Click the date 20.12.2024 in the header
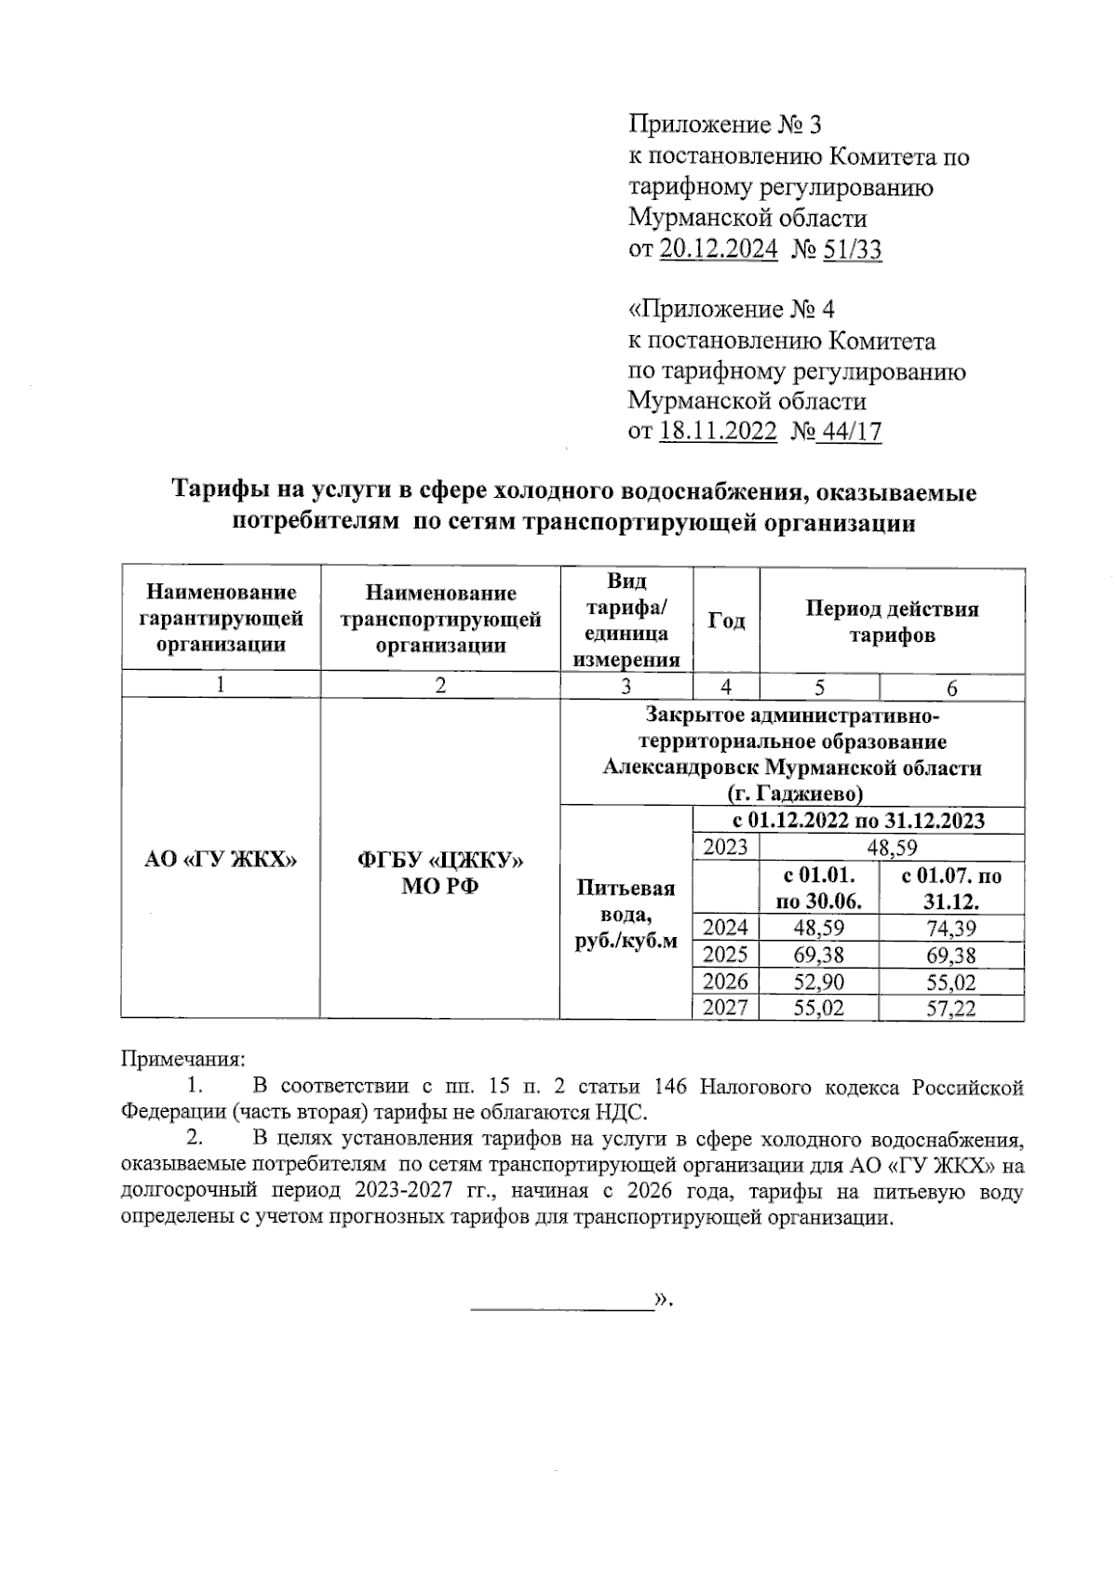719,249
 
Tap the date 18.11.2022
718,432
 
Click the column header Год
726,620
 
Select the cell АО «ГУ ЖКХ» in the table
221,860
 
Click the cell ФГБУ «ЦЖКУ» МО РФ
439,873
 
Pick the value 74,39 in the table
950,928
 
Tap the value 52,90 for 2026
818,982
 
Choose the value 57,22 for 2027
950,1008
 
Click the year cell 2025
725,955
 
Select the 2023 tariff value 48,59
891,848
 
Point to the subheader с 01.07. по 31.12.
951,889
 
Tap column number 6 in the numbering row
951,688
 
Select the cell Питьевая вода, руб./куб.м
626,914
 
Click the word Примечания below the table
182,1059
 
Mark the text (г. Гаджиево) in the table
793,794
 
